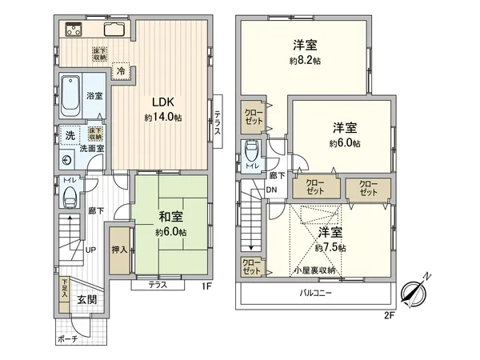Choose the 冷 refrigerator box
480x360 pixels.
click(x=121, y=70)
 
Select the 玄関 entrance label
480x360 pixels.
click(x=87, y=300)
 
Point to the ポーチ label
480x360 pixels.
click(x=68, y=339)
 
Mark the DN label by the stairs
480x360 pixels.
click(x=272, y=190)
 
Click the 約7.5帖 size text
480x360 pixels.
click(x=330, y=249)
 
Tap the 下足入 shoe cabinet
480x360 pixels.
click(x=64, y=290)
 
